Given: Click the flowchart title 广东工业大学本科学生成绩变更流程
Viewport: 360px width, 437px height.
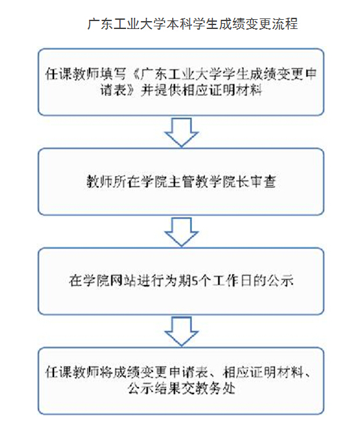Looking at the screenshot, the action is (x=193, y=24).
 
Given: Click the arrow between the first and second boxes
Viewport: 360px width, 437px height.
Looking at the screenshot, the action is (x=181, y=132).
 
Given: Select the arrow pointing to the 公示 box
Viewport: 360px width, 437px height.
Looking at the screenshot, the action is (x=181, y=232).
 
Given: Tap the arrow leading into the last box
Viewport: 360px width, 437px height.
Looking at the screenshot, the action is (x=181, y=332).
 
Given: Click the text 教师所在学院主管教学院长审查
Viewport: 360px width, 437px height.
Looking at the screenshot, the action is (x=181, y=182).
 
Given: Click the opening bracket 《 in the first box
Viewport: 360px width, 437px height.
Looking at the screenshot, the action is (x=135, y=74).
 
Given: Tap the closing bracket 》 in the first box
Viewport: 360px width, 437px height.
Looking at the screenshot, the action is (x=133, y=90).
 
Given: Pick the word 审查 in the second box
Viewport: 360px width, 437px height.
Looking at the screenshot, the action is (x=262, y=182).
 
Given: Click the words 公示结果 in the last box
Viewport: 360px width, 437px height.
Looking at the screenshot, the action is (x=154, y=388).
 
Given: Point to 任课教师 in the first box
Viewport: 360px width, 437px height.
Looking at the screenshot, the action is (x=73, y=74).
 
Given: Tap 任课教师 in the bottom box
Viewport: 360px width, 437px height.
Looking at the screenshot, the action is (x=73, y=372).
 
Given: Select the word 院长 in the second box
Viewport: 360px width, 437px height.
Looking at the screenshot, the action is (x=235, y=182).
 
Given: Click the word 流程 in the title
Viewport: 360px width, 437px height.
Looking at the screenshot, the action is (x=285, y=24).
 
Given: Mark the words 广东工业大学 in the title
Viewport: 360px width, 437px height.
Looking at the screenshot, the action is (x=127, y=24).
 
